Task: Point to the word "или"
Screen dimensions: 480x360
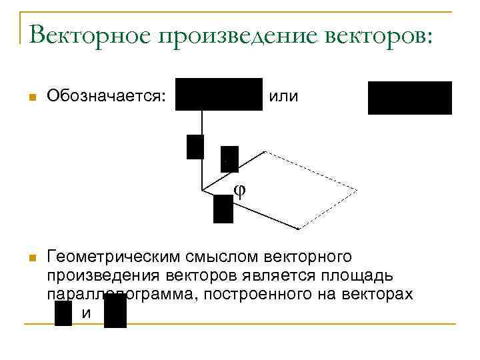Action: (x=284, y=97)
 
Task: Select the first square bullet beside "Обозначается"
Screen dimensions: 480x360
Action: (x=31, y=98)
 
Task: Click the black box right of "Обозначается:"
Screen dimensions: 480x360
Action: (x=219, y=94)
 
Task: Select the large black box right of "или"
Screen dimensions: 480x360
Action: (x=410, y=98)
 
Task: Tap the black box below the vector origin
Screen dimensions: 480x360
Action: (x=223, y=209)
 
